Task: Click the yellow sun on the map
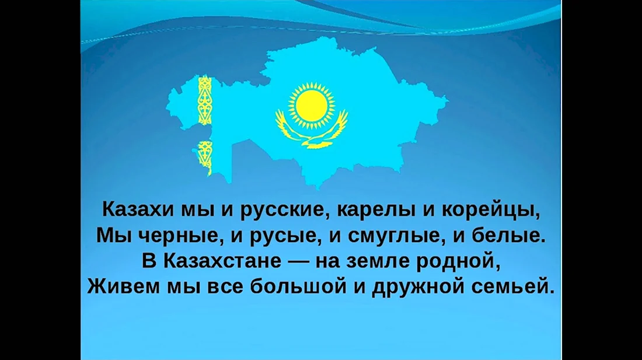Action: point(311,106)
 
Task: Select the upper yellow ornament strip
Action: point(205,100)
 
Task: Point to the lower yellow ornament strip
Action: point(205,158)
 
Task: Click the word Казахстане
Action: point(222,261)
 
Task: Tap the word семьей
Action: point(513,286)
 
